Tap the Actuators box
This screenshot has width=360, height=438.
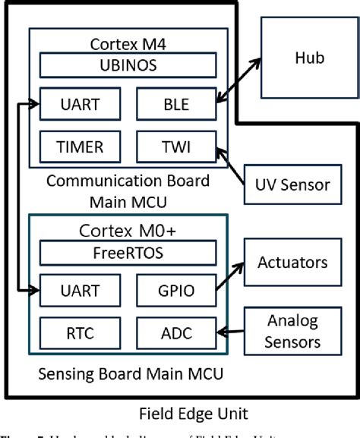pos(292,263)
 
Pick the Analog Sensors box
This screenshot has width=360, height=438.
pos(292,331)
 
